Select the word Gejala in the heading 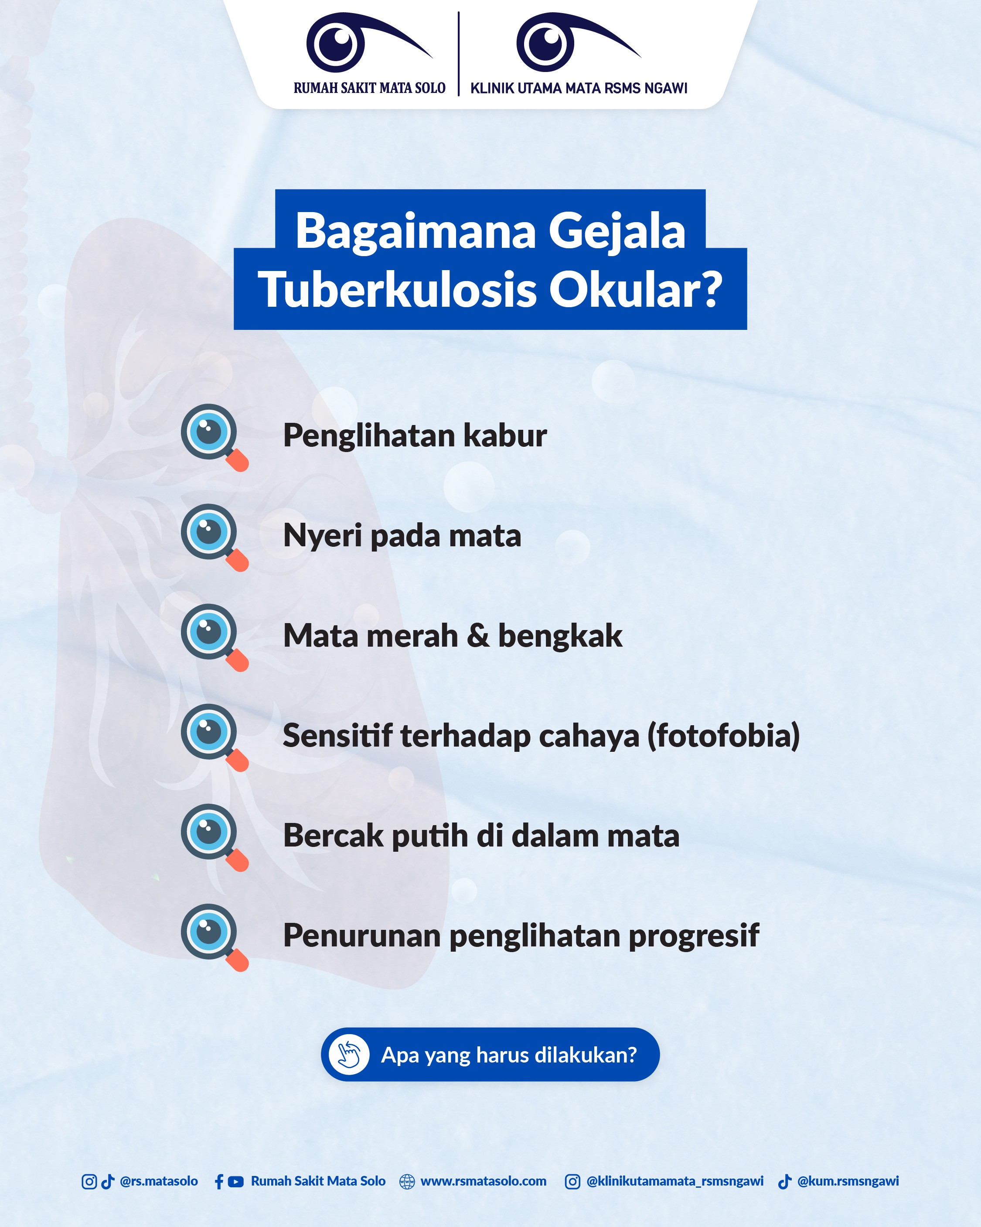[617, 231]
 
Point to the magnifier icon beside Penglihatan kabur [213, 436]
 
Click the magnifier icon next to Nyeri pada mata [213, 537]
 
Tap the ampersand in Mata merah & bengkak [478, 635]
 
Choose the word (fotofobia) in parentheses [723, 735]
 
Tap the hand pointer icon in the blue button [349, 1055]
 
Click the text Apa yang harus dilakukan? [508, 1055]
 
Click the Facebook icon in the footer [219, 1182]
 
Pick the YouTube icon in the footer [235, 1182]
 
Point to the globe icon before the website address [407, 1182]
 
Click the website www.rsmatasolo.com [484, 1182]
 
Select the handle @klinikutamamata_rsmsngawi [674, 1182]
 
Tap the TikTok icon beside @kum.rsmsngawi [785, 1182]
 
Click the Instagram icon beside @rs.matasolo [89, 1182]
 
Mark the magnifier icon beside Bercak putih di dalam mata [213, 836]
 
